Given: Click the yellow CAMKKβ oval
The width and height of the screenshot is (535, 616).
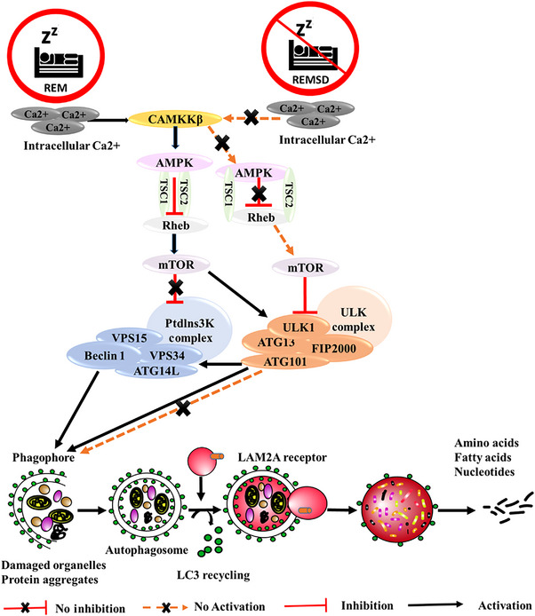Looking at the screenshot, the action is [175, 119].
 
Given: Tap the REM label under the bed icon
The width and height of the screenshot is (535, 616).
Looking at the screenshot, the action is [55, 88].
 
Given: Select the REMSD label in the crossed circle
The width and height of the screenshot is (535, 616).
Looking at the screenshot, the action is [310, 80].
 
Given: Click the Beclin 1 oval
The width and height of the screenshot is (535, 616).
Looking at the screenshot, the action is [104, 356].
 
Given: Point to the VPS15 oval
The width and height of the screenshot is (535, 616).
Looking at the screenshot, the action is [129, 338].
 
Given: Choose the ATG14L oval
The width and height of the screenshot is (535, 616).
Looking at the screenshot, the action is [156, 370].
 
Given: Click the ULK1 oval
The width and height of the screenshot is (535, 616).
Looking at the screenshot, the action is [299, 327].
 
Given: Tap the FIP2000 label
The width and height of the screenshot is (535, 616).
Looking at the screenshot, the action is [333, 349].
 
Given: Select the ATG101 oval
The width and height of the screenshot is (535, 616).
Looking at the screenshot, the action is [284, 361].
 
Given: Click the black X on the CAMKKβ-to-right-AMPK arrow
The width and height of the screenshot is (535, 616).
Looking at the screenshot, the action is [222, 143].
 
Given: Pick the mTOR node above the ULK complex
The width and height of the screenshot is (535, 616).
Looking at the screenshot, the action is [305, 268].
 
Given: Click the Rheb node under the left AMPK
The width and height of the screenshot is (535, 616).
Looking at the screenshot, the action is [175, 225].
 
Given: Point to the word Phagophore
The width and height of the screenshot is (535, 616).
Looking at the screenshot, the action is [44, 458].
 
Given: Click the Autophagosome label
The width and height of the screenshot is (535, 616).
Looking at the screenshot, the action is [147, 550].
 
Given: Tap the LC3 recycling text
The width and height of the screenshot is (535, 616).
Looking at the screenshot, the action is [213, 575].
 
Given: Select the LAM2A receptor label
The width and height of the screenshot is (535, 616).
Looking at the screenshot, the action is [282, 457].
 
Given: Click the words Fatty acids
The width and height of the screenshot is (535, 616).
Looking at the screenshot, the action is [483, 457].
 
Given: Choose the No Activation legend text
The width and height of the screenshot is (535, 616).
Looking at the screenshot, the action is [229, 606].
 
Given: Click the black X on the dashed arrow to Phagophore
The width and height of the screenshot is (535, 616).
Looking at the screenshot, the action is [183, 408].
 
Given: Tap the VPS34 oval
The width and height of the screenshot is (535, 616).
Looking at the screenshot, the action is [167, 356].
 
